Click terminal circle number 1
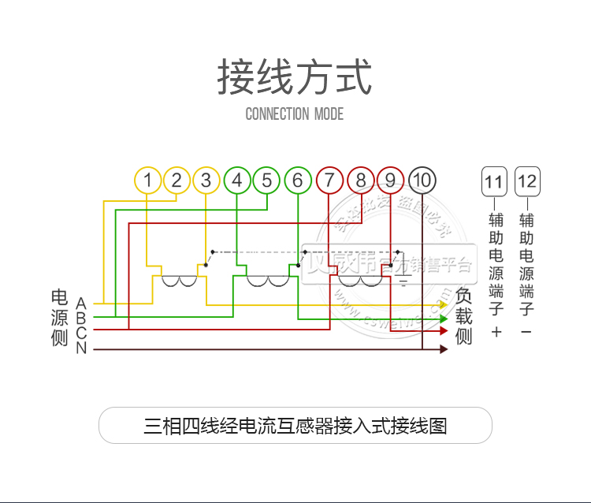pyautogui.click(x=147, y=181)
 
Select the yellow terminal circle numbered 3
pyautogui.click(x=206, y=181)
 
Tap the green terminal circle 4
pyautogui.click(x=237, y=181)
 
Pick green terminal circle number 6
pyautogui.click(x=298, y=181)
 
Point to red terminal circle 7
pyautogui.click(x=329, y=181)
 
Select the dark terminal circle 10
pyautogui.click(x=422, y=181)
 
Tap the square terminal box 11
pyautogui.click(x=493, y=183)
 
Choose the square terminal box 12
pyautogui.click(x=527, y=183)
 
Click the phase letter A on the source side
pyautogui.click(x=81, y=303)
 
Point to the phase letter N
pyautogui.click(x=81, y=348)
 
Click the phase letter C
pyautogui.click(x=81, y=333)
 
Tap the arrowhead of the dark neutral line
pyautogui.click(x=444, y=348)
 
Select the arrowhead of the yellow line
pyautogui.click(x=444, y=304)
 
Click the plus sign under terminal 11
pyautogui.click(x=496, y=332)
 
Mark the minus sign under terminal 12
pyautogui.click(x=526, y=332)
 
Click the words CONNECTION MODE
pyautogui.click(x=295, y=114)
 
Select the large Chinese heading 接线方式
pyautogui.click(x=295, y=77)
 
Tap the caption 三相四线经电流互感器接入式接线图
pyautogui.click(x=295, y=426)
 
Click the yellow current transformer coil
pyautogui.click(x=180, y=281)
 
